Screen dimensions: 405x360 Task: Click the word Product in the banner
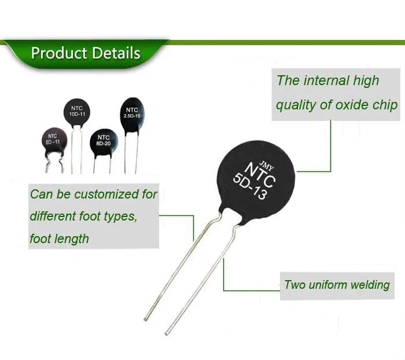click(56, 54)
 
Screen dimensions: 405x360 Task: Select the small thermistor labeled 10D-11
click(76, 111)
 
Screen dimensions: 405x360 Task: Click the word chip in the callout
click(385, 105)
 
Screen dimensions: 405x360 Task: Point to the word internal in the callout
click(326, 80)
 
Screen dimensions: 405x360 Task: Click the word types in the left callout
click(120, 216)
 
